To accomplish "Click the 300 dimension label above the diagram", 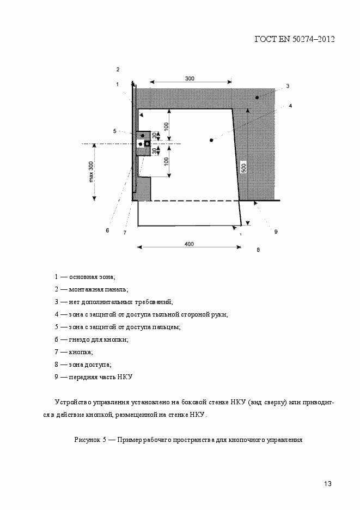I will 190,78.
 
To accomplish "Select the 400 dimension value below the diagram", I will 189,244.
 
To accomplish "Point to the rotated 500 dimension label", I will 245,166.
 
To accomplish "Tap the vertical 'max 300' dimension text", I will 91,172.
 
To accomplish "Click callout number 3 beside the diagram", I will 287,86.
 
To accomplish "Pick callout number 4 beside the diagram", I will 291,106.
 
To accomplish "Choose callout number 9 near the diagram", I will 276,232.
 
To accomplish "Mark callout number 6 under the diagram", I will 107,230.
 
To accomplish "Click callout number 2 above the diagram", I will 118,69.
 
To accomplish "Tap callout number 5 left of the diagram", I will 115,131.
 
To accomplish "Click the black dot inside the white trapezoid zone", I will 211,140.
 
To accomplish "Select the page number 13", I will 327,484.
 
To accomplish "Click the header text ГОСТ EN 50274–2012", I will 294,39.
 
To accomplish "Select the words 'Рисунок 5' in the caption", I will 89,439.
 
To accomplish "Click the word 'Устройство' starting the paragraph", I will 72,402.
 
